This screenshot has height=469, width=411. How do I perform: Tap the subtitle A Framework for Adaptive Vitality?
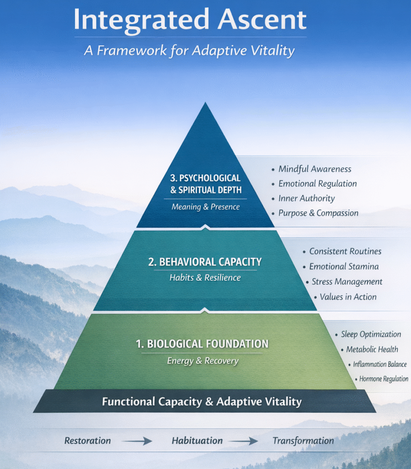coord(189,50)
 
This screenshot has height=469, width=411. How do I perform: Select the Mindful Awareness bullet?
coord(315,169)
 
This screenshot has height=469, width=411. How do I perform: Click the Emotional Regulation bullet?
coord(317,184)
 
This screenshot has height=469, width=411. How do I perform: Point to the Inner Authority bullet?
coord(306,198)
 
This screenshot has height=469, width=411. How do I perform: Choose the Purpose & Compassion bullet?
coord(318,213)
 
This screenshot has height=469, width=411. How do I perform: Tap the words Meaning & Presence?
coord(205,207)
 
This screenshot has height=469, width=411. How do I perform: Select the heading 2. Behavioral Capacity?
coord(205,262)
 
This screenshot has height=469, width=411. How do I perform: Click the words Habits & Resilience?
coord(205,278)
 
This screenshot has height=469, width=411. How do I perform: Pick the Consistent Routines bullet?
coord(345,251)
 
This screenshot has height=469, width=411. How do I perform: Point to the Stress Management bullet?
coord(347,282)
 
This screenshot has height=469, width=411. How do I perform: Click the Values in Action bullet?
coord(348,297)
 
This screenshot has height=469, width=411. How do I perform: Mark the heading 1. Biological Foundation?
coord(202,344)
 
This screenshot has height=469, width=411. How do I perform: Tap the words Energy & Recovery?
coord(203,361)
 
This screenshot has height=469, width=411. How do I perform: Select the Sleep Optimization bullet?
coord(371,334)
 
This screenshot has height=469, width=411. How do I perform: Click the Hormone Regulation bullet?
coord(383,379)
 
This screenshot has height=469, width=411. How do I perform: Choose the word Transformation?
coord(303,441)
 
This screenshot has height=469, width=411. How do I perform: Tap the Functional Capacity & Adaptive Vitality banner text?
coord(202,402)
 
